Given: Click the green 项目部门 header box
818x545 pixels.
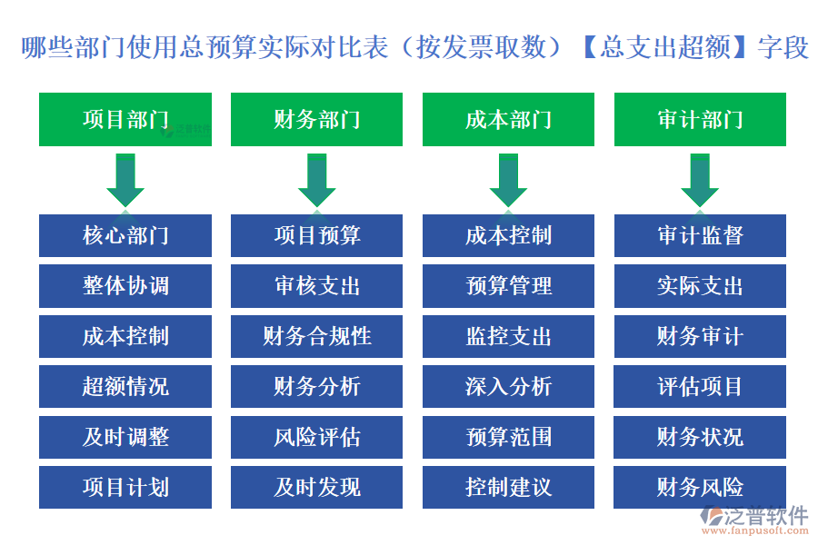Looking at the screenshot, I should pyautogui.click(x=125, y=119).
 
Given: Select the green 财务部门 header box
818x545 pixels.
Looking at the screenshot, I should pyautogui.click(x=316, y=119).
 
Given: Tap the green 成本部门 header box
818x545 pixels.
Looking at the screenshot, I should pyautogui.click(x=508, y=119).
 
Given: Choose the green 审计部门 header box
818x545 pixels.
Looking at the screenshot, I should pyautogui.click(x=700, y=119).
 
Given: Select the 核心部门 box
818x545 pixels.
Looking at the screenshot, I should pyautogui.click(x=125, y=236).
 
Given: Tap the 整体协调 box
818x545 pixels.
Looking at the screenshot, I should pyautogui.click(x=125, y=286).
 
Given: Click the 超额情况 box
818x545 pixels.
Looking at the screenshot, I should pyautogui.click(x=125, y=387).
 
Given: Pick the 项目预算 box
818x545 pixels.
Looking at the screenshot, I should pyautogui.click(x=316, y=236).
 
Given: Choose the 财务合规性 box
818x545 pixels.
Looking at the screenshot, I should pyautogui.click(x=316, y=337).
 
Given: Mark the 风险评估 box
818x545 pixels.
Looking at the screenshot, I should pyautogui.click(x=316, y=437).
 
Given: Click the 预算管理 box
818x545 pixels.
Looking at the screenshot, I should pyautogui.click(x=508, y=286).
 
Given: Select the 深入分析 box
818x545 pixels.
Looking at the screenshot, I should pyautogui.click(x=508, y=387).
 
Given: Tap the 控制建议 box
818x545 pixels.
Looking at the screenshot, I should pyautogui.click(x=508, y=488).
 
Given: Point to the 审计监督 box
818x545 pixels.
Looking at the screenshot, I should pyautogui.click(x=700, y=236).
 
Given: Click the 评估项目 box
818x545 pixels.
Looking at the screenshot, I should pyautogui.click(x=700, y=387).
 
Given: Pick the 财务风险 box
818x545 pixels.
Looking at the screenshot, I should pyautogui.click(x=700, y=488).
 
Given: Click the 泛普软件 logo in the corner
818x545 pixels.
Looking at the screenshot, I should pyautogui.click(x=753, y=520).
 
